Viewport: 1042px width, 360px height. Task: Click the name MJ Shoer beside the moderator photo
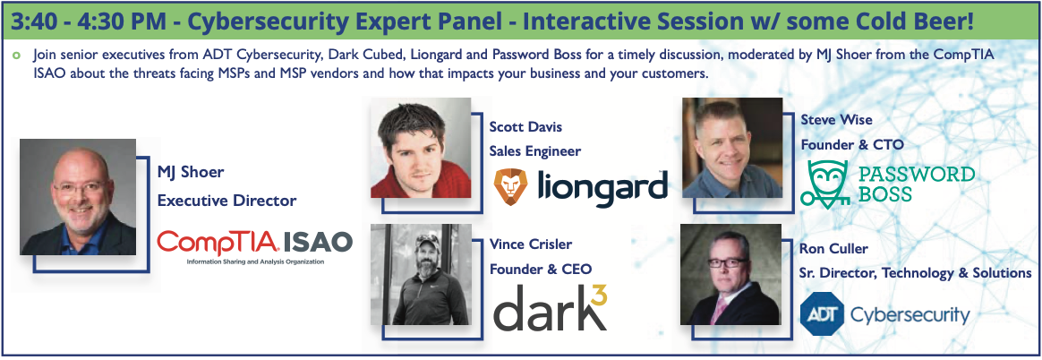point(190,173)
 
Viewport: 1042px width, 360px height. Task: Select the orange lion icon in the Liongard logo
point(510,186)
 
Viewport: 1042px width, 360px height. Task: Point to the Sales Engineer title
point(535,151)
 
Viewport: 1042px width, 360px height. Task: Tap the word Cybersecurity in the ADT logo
point(910,314)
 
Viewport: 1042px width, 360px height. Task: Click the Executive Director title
point(226,201)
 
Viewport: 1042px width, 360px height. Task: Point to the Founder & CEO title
point(541,269)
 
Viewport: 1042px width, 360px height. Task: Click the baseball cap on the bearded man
point(427,240)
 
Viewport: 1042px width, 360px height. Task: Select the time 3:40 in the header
point(32,22)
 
